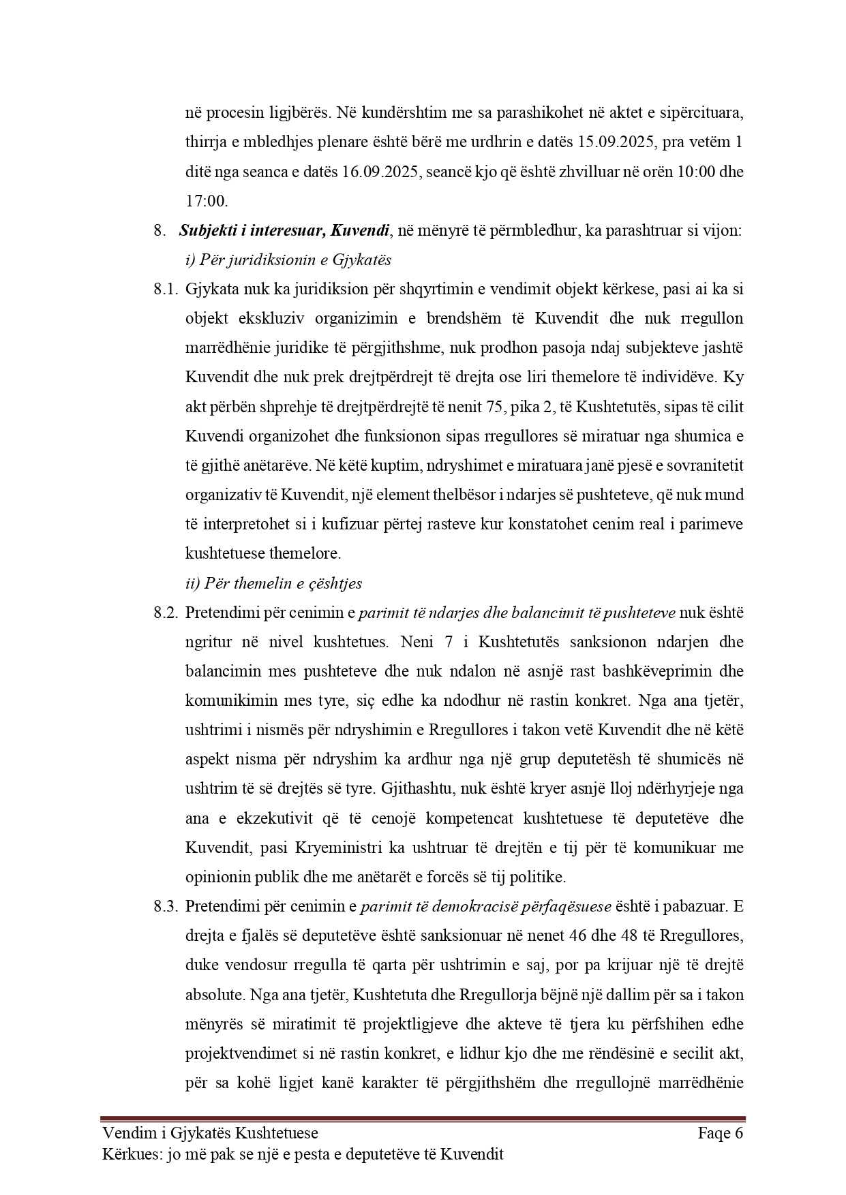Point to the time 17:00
206,201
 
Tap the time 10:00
694,172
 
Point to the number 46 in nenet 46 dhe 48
575,935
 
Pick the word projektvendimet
235,1053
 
